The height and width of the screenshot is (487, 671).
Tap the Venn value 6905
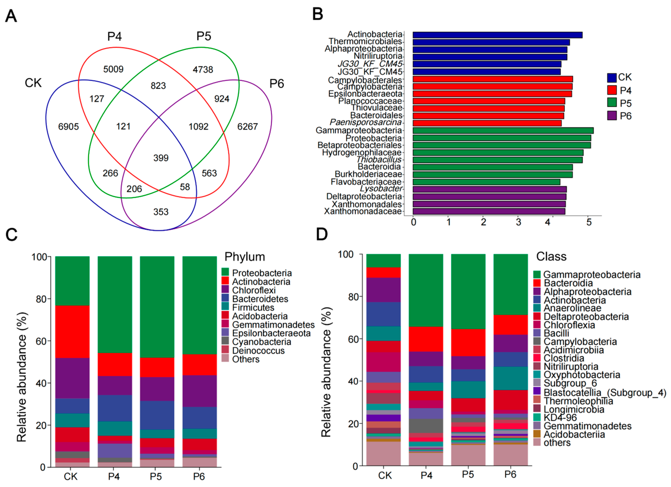click(68, 127)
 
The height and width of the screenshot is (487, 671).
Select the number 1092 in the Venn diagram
click(198, 127)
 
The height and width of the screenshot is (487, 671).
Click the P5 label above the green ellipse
click(204, 36)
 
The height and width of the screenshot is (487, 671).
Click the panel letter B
click(318, 14)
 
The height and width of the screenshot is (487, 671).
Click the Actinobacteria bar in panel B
click(497, 35)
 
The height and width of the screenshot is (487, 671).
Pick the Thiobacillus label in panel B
click(379, 160)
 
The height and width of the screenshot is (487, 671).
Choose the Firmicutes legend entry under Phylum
click(253, 308)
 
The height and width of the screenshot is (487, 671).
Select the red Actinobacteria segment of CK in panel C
click(72, 332)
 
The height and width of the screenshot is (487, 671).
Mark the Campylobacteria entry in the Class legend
click(580, 342)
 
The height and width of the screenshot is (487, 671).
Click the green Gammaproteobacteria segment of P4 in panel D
click(426, 290)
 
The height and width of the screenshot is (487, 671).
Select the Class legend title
click(551, 257)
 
